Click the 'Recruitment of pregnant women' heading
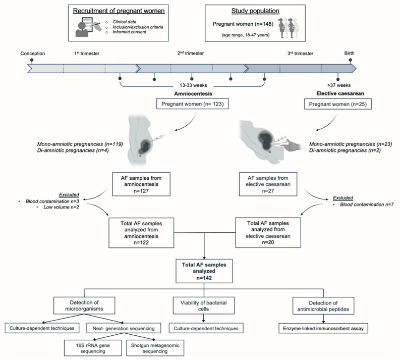[x=119, y=11]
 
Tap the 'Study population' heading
[x=255, y=11]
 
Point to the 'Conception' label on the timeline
[x=33, y=54]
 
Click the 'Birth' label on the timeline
[x=349, y=53]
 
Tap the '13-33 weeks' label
[x=193, y=85]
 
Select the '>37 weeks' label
[x=339, y=85]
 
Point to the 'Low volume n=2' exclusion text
[x=61, y=207]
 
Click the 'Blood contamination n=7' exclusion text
[x=367, y=204]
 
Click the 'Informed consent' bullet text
[x=129, y=32]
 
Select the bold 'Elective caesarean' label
[x=340, y=94]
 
